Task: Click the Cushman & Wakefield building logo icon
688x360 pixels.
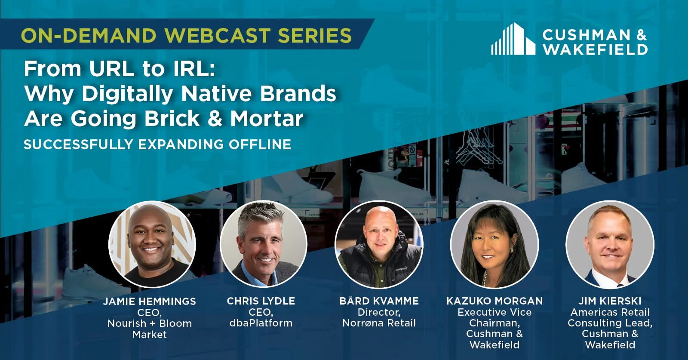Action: coord(513,39)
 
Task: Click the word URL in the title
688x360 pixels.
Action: coord(112,69)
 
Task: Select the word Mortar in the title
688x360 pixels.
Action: coord(267,119)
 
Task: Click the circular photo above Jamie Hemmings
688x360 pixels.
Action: coord(152,244)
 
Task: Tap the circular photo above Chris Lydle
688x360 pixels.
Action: coord(263,244)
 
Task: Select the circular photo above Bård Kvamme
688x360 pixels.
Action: coord(379,244)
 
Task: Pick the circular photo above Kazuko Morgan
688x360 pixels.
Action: coord(494,244)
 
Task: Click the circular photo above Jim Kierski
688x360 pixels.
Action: coord(610,244)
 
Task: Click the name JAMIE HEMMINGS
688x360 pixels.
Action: coord(150,302)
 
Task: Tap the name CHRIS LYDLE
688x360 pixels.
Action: coord(261,301)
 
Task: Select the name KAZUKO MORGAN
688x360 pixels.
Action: coord(494,301)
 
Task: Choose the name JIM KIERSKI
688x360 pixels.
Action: coord(610,301)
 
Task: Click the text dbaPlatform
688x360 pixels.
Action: coord(261,323)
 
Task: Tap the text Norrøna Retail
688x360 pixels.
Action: coord(379,323)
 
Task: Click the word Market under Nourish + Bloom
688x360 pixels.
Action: coord(150,334)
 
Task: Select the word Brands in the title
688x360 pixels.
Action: coord(298,94)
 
